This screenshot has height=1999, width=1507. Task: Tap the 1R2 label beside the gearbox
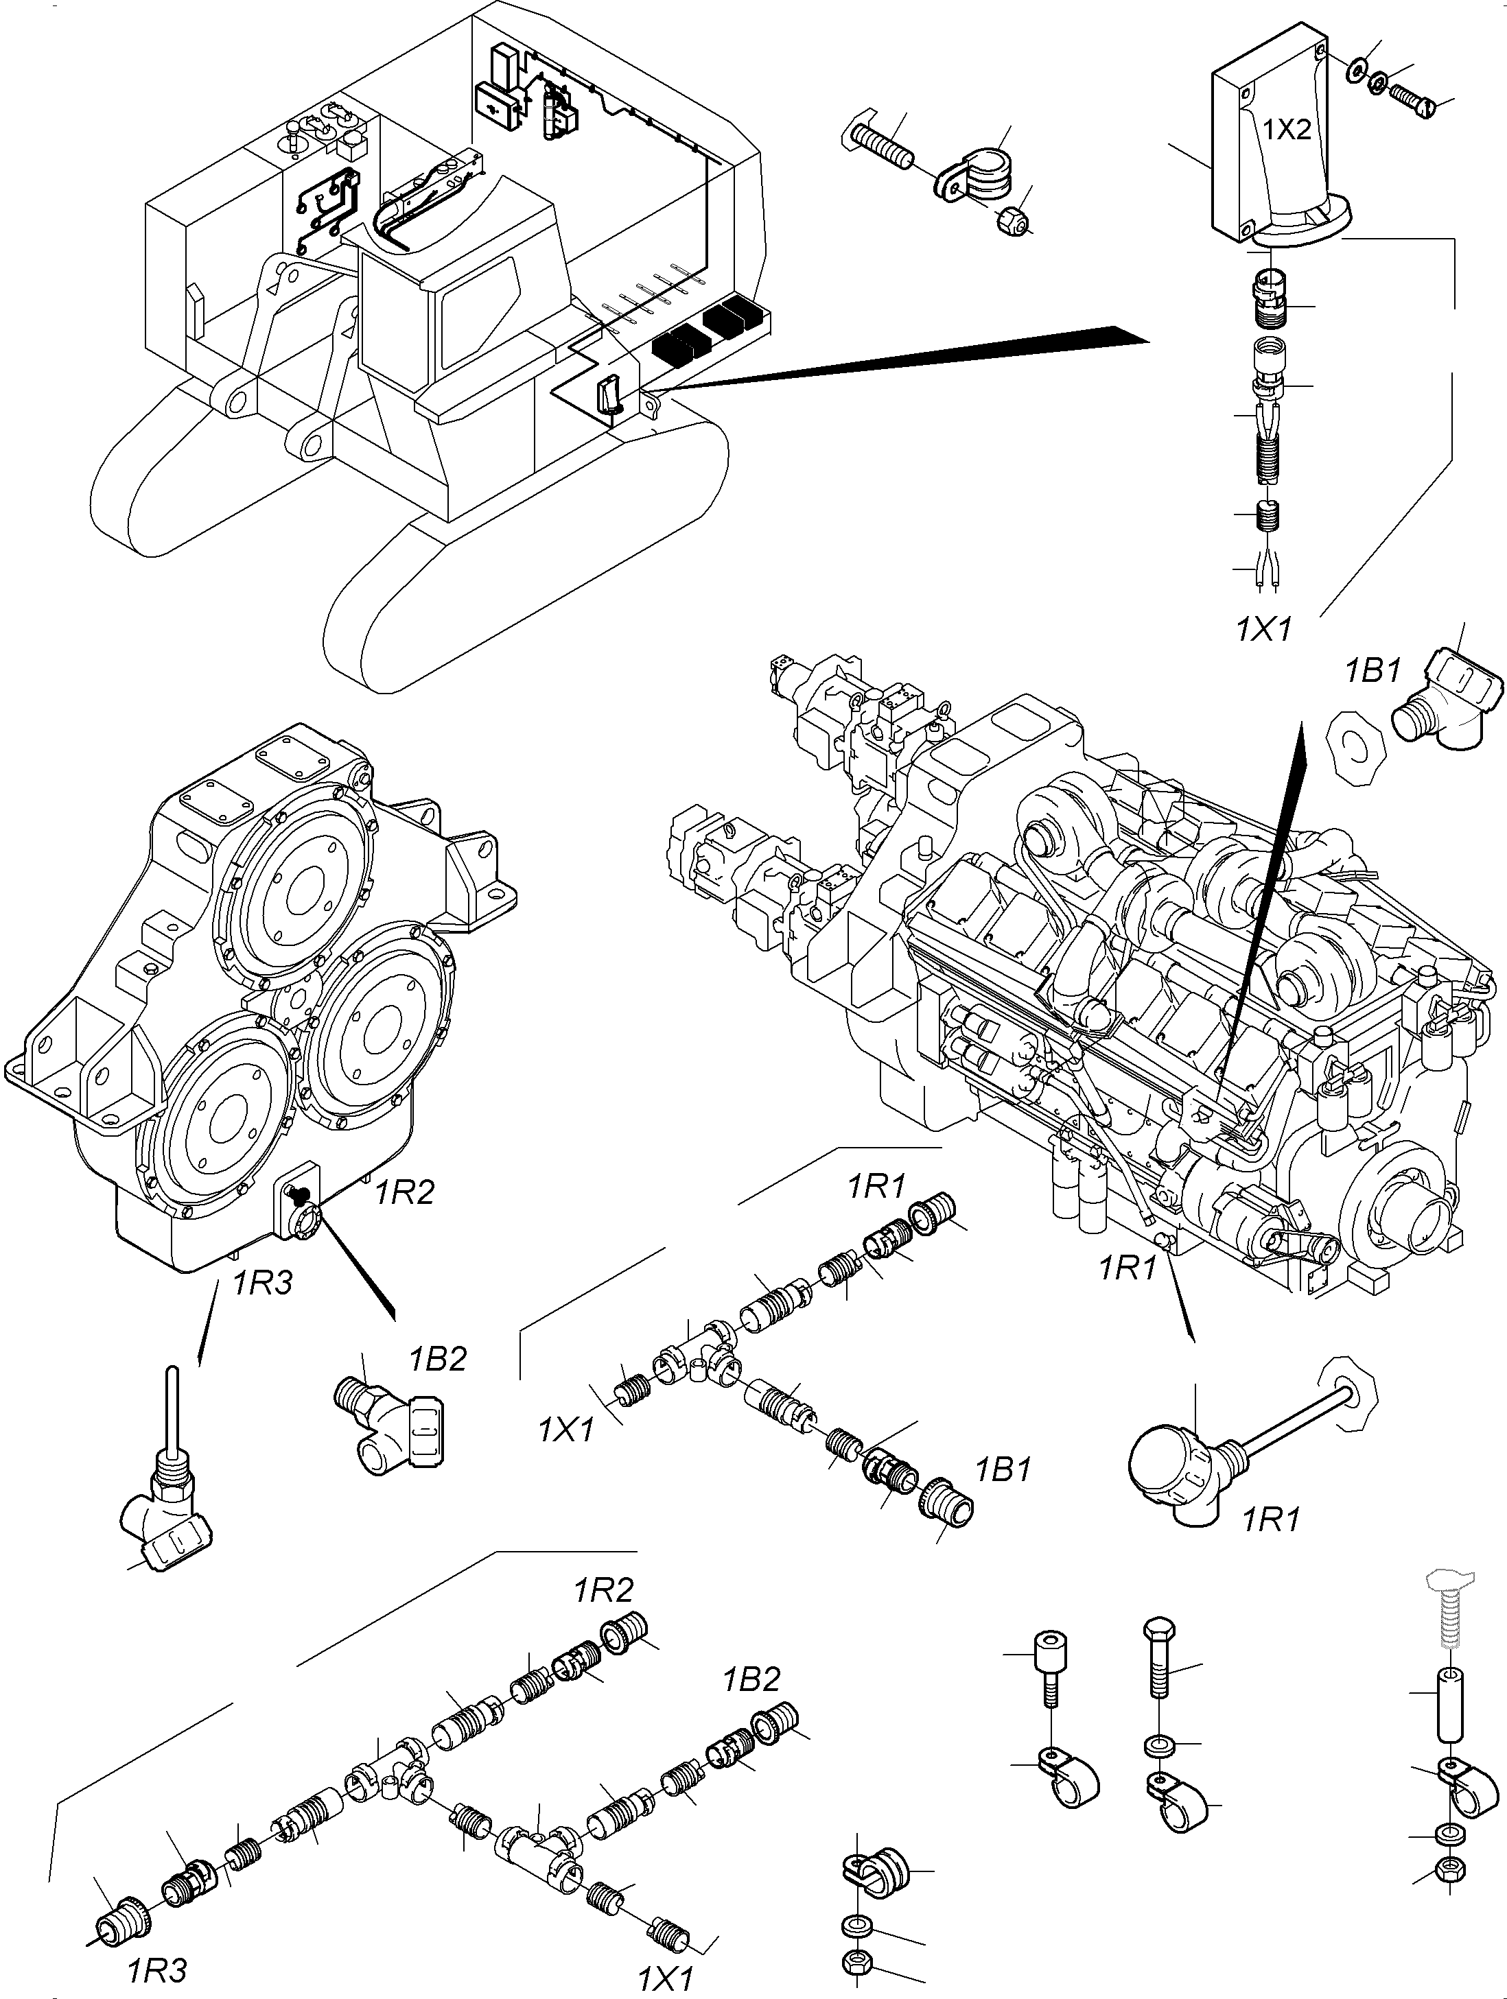coord(404,1193)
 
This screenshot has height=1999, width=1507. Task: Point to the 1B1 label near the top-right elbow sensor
coord(1371,672)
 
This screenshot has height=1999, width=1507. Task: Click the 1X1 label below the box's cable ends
coord(1264,630)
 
